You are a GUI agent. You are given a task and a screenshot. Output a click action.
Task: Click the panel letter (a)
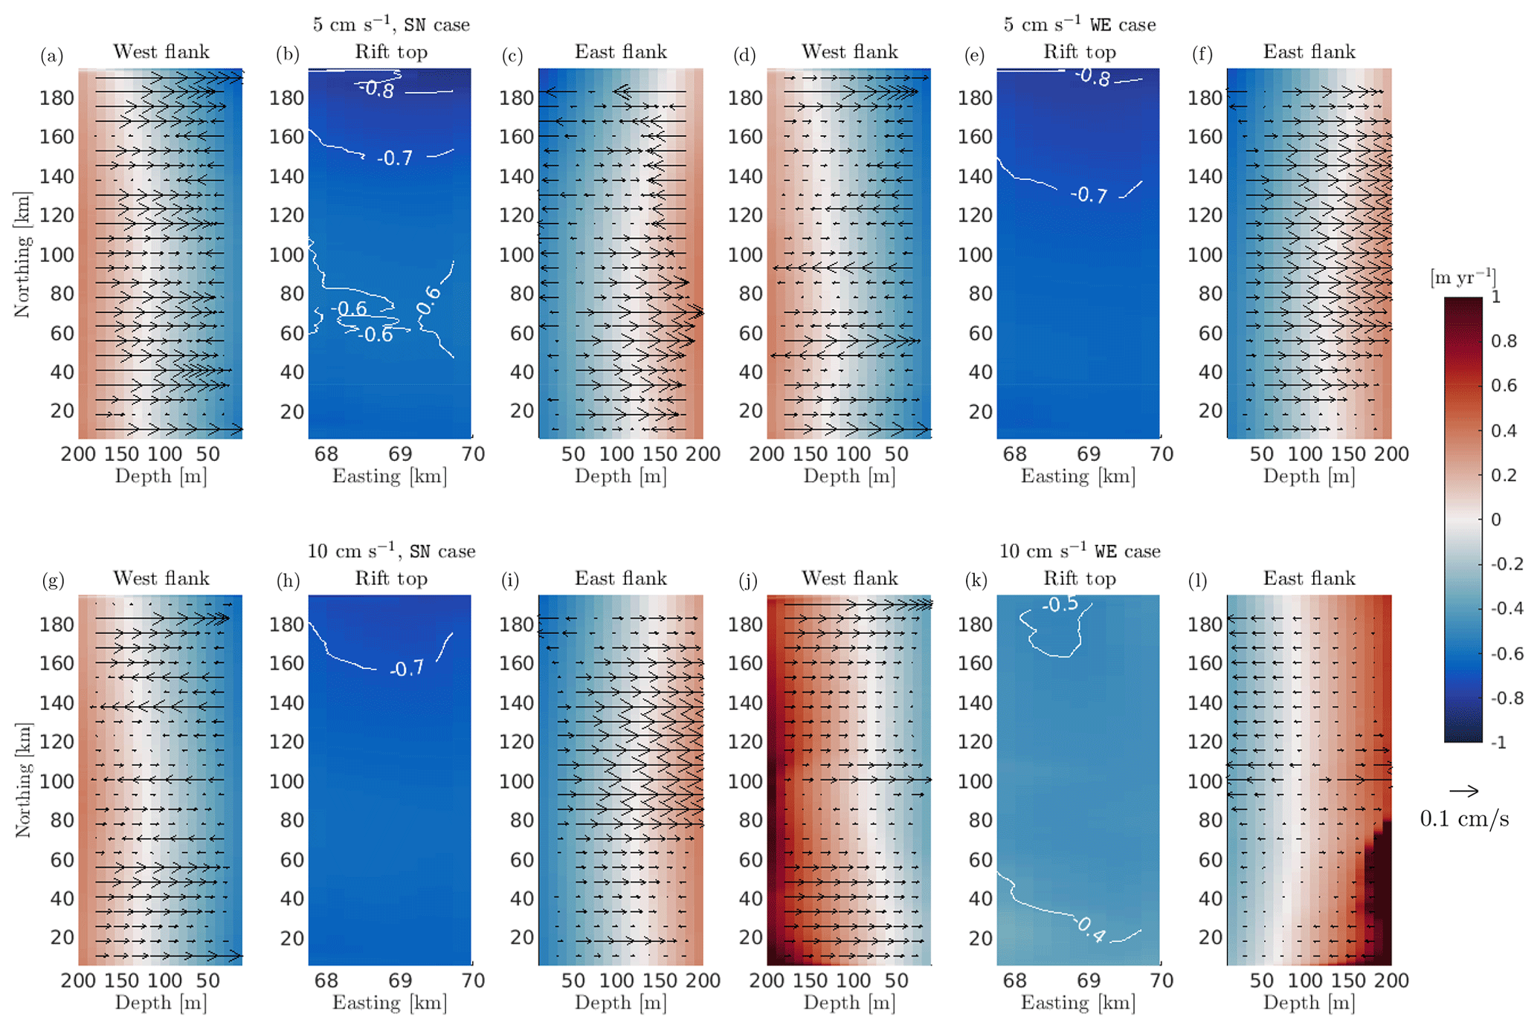[52, 56]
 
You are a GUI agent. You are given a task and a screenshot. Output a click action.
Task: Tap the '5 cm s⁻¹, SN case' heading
[391, 25]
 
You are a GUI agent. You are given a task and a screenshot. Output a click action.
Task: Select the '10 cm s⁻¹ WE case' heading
[1079, 551]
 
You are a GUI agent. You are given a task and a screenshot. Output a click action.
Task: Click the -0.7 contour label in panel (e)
[1089, 195]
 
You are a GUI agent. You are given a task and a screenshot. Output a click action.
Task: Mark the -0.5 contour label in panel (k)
[1060, 604]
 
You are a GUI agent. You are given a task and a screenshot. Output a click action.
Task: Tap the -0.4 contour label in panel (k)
[1091, 929]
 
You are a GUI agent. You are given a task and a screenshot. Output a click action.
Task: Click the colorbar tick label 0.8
[1504, 341]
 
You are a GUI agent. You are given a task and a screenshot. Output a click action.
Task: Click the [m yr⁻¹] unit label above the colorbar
[1463, 278]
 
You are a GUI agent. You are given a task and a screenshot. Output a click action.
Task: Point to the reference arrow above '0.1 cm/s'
[1463, 791]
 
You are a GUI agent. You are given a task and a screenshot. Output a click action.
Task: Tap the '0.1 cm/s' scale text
[1464, 819]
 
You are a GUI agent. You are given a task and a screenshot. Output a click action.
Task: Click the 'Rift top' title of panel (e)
[1079, 52]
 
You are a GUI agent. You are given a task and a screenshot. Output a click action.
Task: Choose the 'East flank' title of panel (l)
[1309, 578]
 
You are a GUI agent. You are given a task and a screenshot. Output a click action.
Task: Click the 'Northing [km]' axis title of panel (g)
[23, 780]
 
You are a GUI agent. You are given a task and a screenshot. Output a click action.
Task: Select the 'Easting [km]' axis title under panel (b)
[390, 476]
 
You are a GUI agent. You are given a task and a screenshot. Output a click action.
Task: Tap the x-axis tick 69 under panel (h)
[400, 980]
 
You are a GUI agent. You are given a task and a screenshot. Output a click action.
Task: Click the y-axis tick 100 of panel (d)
[745, 255]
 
